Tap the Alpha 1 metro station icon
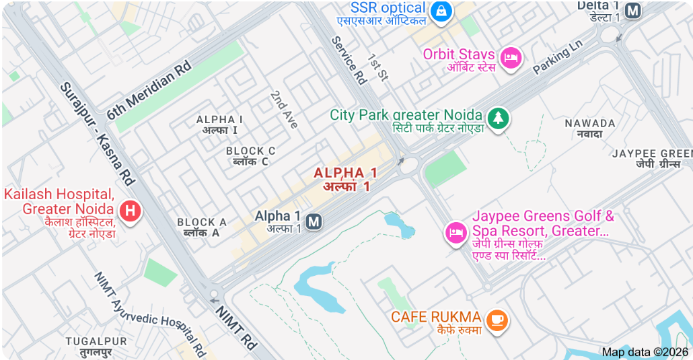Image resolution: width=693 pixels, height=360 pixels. coord(313,221)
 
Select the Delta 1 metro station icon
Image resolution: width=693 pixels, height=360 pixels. coord(632,10)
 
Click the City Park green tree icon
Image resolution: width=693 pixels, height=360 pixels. coord(499,118)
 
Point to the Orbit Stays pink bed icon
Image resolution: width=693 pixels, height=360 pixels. coord(512,57)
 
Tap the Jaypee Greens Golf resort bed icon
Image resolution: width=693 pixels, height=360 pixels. coord(456,233)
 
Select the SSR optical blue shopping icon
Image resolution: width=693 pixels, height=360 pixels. coord(441,10)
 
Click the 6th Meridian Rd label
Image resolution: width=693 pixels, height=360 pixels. coord(149,90)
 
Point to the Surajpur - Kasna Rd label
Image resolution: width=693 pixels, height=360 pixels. coord(98,134)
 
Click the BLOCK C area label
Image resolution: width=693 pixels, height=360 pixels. coord(250,156)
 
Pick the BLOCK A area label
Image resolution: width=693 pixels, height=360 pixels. coord(201,227)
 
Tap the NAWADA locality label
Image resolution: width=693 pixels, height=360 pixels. coord(589,128)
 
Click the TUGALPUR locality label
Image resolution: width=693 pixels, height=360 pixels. coord(96,346)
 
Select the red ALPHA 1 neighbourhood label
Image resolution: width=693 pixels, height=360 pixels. coord(345,180)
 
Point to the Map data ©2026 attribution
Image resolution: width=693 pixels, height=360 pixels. coord(645,352)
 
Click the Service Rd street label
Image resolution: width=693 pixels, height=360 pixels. coord(349,60)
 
